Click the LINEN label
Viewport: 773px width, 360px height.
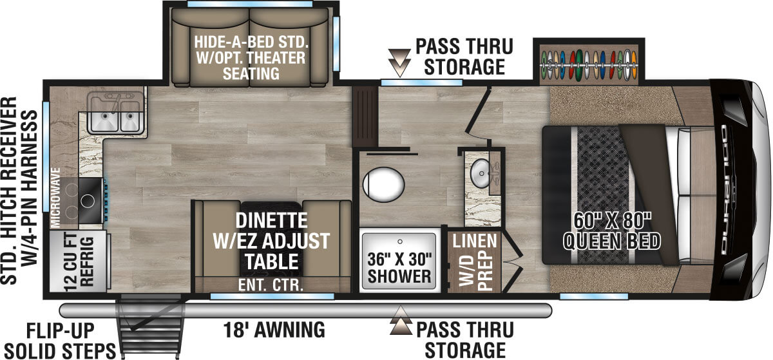(474, 242)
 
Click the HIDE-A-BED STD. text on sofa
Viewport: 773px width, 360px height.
(252, 44)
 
